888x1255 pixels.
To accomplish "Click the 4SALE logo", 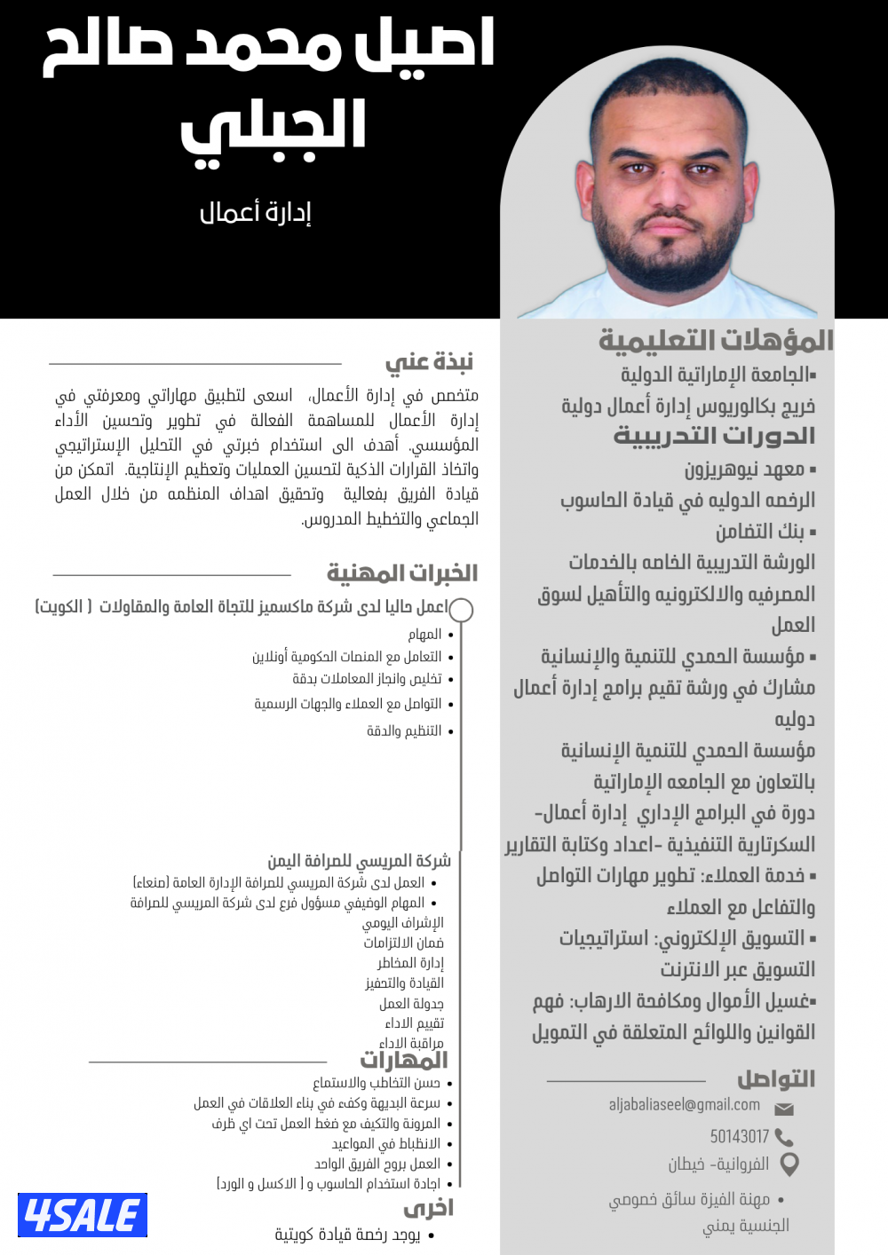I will coord(83,1215).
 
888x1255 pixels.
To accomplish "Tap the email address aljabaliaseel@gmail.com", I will coord(684,1105).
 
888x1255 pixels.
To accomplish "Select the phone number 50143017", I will coord(739,1137).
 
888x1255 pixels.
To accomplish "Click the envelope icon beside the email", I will coord(784,1109).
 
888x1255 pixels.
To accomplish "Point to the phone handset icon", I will coord(784,1137).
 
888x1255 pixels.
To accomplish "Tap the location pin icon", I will coord(789,1164).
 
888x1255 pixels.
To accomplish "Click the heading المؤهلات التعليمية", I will coord(716,341).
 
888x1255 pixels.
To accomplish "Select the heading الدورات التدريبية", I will coord(714,436).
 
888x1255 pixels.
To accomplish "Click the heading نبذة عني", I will coord(429,362).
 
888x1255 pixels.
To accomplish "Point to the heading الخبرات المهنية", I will coord(402,573).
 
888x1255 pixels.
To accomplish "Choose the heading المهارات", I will coord(404,1061).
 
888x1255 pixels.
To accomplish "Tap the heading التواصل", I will coord(775,1079).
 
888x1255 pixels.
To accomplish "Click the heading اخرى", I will coord(429,1209).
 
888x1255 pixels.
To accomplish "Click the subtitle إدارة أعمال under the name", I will coord(255,213).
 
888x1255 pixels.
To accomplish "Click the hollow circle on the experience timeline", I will coord(461,610).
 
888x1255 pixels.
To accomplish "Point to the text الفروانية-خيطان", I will coord(718,1164).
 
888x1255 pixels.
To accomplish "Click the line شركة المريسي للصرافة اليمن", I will coord(360,861).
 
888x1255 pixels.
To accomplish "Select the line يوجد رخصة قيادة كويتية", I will coord(347,1235).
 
